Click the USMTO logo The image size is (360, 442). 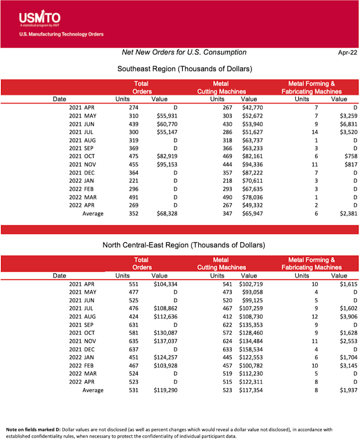coord(40,19)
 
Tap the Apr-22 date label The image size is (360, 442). coord(347,53)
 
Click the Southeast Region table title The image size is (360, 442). coord(184,69)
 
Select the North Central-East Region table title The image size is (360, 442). coord(184,245)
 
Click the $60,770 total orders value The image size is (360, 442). coord(167,124)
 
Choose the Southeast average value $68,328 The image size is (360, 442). coord(167,213)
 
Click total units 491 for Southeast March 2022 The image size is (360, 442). coord(132,197)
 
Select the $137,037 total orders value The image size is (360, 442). coord(166,341)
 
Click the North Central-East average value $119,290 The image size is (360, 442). coord(166,389)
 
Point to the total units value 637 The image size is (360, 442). coord(132,349)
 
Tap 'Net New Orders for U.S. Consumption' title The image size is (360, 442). coord(184,53)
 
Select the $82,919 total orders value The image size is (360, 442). coord(167,156)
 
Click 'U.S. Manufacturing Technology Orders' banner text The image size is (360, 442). coord(61,35)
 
